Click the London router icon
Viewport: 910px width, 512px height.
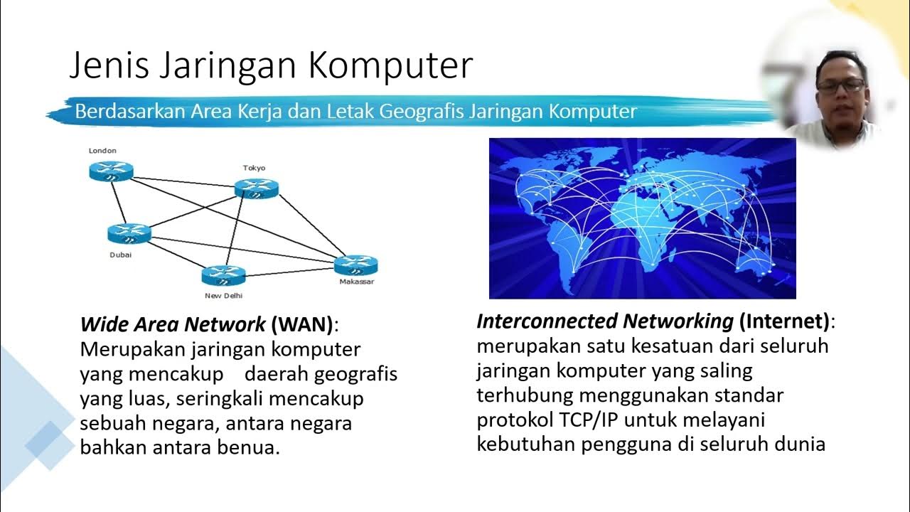[112, 171]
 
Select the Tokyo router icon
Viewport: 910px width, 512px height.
[256, 188]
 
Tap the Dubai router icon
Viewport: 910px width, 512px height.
[129, 233]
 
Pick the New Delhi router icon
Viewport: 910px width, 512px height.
[223, 275]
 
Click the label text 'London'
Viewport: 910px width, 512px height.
[102, 151]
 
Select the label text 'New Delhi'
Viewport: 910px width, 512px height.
[223, 295]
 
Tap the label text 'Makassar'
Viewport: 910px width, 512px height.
[356, 282]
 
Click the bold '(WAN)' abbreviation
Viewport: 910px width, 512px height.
[301, 325]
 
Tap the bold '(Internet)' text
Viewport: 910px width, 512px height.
[784, 321]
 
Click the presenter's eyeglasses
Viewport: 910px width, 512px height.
[841, 85]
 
